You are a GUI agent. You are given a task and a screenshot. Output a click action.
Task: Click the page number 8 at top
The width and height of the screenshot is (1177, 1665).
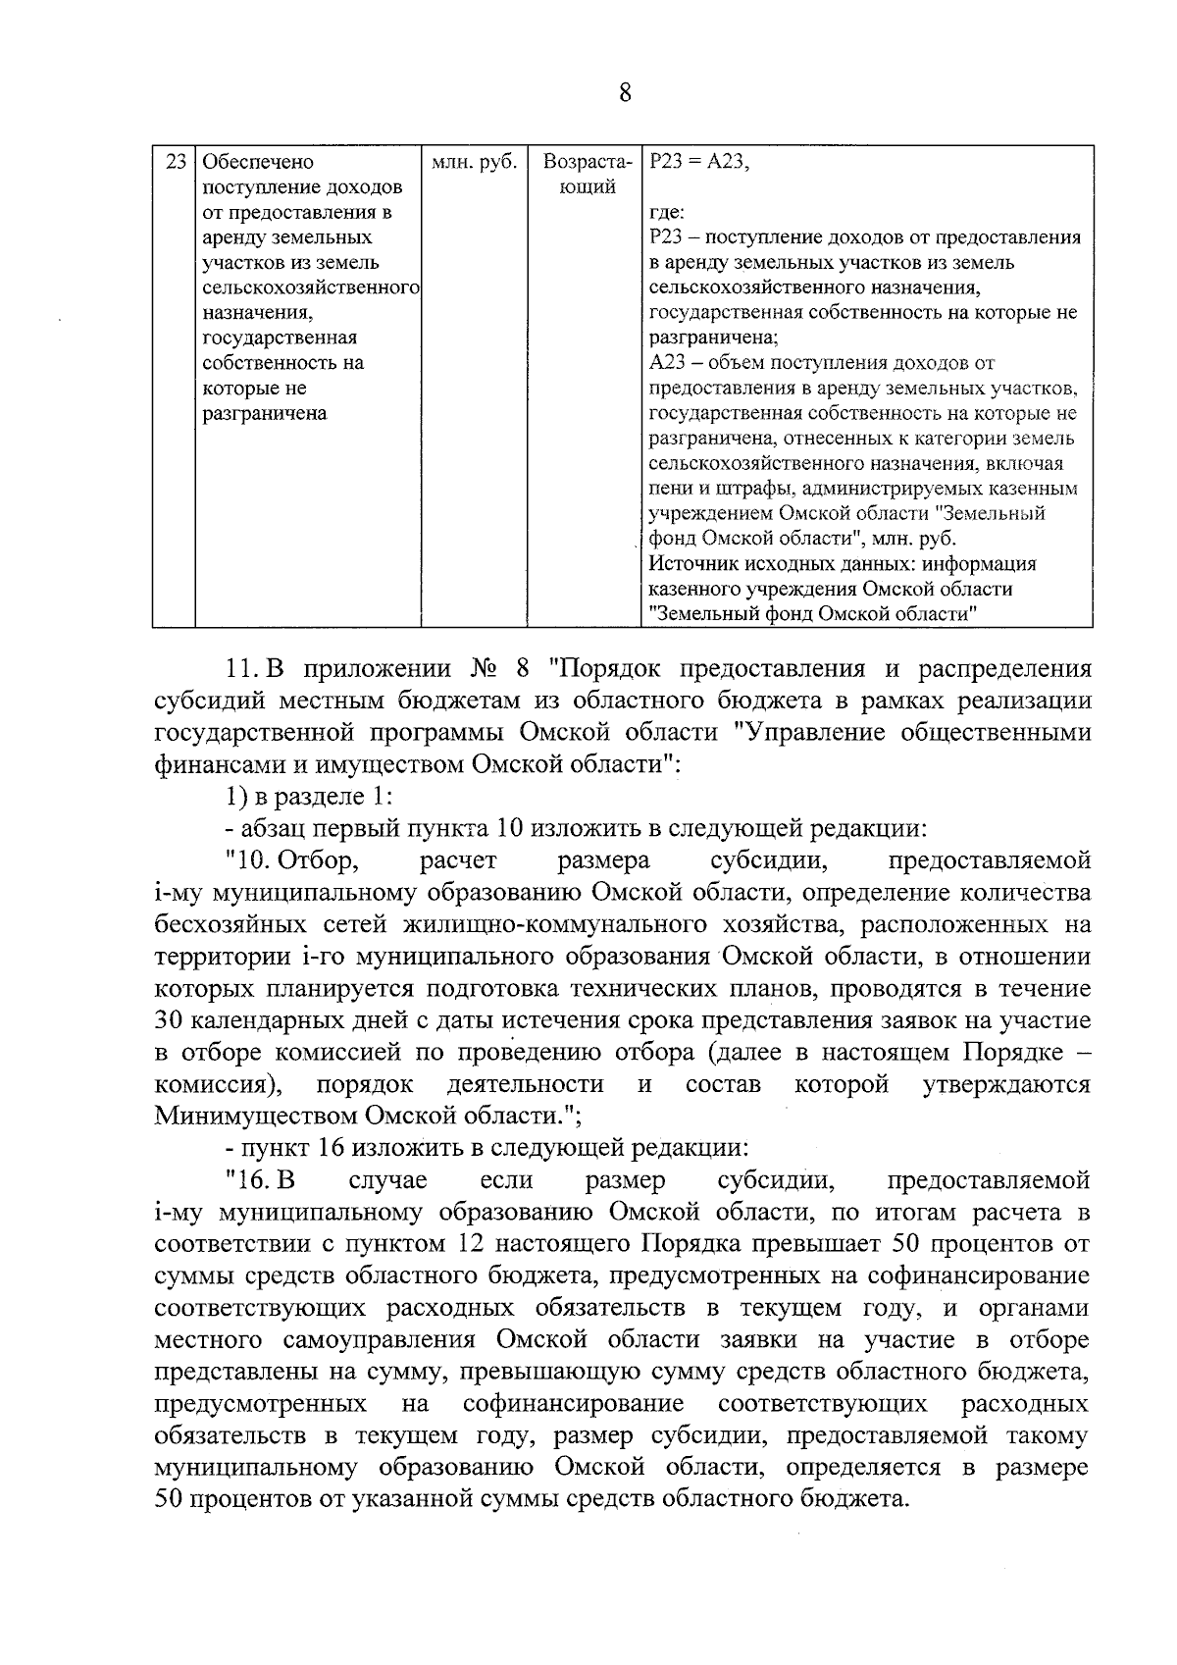coord(625,94)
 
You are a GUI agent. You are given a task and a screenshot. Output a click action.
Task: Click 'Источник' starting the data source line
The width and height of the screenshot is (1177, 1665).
coord(689,564)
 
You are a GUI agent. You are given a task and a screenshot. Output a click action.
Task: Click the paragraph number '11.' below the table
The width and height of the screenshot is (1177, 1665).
coord(239,669)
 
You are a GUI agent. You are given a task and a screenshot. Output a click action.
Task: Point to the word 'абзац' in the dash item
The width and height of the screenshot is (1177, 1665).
coord(279,828)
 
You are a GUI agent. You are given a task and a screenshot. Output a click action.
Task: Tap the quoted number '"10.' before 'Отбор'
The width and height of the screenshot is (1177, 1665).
coord(247,860)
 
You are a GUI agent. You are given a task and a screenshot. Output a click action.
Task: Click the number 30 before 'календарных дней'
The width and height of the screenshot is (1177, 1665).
coord(169,1020)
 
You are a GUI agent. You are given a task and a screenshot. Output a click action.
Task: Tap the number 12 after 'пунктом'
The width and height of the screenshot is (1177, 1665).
coord(472,1244)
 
